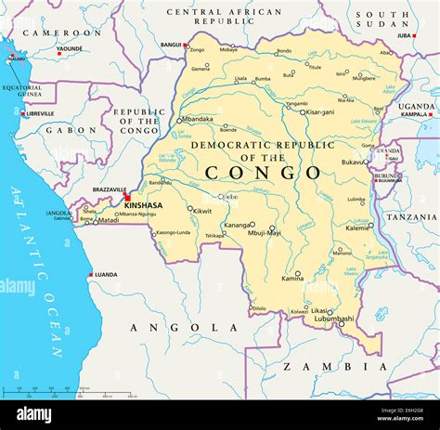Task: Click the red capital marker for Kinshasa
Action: (x=127, y=197)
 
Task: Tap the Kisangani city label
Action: (x=321, y=112)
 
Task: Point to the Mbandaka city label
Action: (x=197, y=120)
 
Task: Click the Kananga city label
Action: (x=238, y=225)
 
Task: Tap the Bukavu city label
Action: (x=354, y=163)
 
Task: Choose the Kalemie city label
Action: (x=357, y=228)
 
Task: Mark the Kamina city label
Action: (x=292, y=279)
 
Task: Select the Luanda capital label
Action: (x=106, y=275)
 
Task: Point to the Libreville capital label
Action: (x=40, y=114)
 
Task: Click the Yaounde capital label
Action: (x=69, y=48)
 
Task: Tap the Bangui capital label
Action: (x=171, y=45)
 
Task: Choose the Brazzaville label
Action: (x=109, y=189)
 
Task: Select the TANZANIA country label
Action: (x=412, y=217)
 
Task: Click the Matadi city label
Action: (x=110, y=221)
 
